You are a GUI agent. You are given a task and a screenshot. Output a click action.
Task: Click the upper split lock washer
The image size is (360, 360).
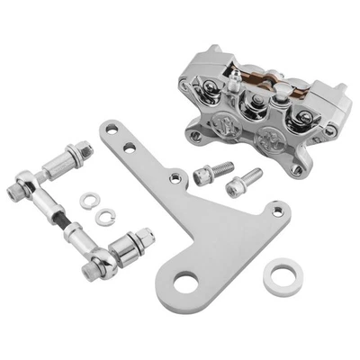89,201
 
